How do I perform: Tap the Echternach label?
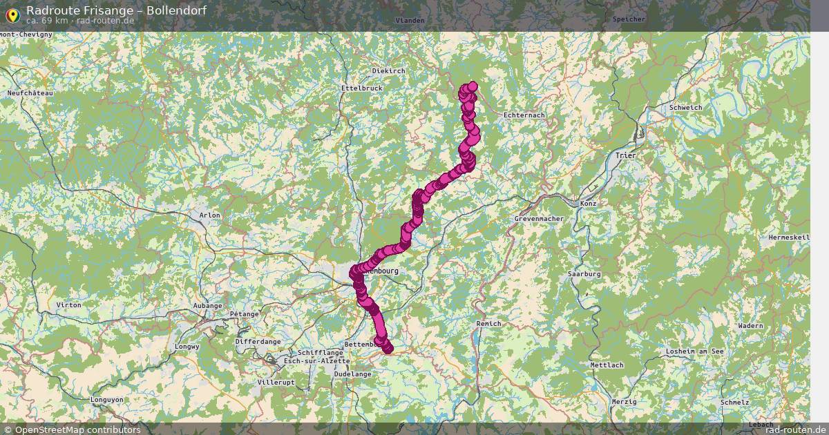click(x=524, y=115)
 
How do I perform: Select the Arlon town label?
click(x=210, y=215)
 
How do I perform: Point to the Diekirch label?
click(x=388, y=70)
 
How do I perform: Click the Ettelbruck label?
click(x=361, y=88)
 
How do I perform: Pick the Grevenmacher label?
click(x=539, y=219)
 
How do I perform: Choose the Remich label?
click(x=488, y=323)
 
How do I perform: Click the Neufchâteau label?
click(x=30, y=93)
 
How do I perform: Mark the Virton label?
click(x=68, y=304)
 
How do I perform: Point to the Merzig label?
click(x=624, y=401)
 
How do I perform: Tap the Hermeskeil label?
click(x=788, y=237)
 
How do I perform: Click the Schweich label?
click(x=685, y=107)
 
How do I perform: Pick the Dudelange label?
click(x=352, y=374)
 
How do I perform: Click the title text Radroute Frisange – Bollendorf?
click(x=115, y=10)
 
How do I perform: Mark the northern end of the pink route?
click(x=472, y=86)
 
